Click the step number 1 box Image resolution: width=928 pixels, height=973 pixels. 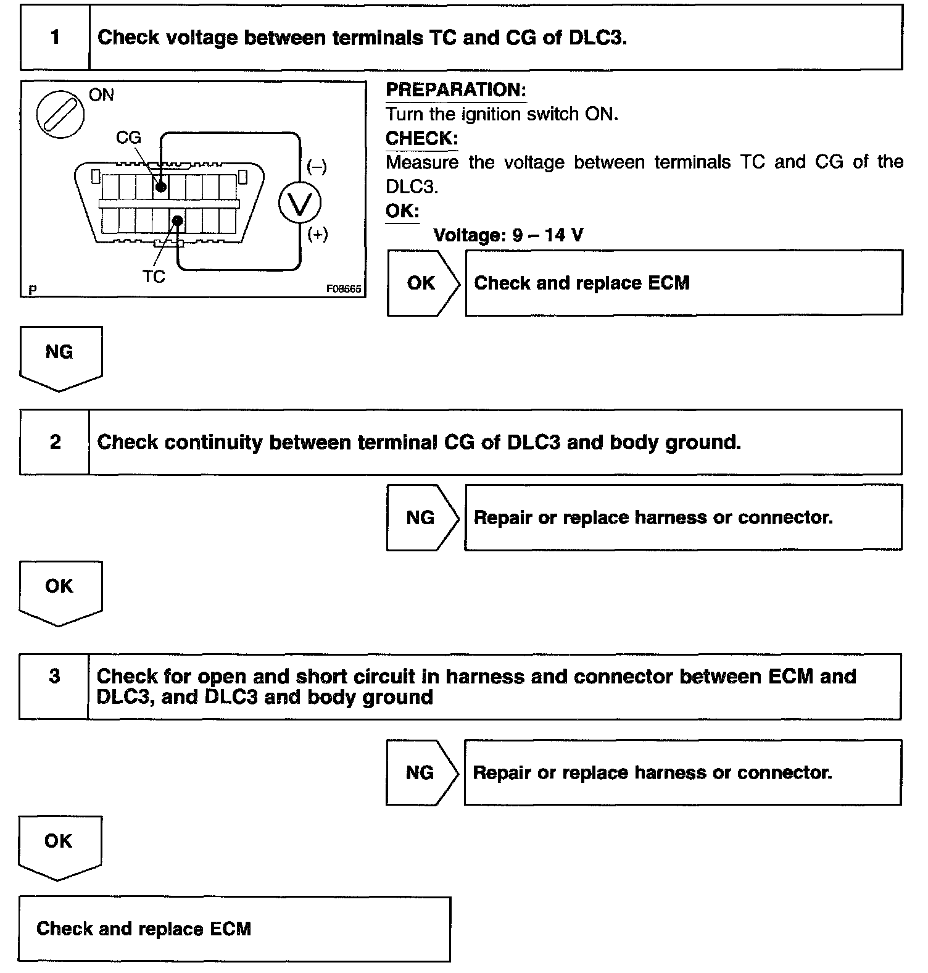(x=55, y=38)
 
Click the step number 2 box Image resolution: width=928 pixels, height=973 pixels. (x=55, y=442)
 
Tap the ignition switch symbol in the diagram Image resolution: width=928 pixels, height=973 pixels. (x=60, y=115)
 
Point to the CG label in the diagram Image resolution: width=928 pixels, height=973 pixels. (x=128, y=138)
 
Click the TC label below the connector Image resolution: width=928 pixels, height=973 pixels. (x=154, y=277)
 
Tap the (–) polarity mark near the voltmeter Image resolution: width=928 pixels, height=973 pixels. (x=317, y=167)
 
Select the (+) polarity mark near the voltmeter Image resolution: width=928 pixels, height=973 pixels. (x=317, y=235)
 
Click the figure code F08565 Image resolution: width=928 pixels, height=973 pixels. (x=344, y=289)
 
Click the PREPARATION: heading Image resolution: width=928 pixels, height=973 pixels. (x=455, y=90)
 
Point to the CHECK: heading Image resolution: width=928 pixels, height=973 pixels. (x=421, y=138)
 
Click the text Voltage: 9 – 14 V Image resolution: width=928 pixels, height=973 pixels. (x=508, y=235)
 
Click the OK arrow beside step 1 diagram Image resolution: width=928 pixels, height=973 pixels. (x=422, y=283)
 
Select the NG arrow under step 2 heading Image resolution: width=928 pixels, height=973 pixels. (x=421, y=517)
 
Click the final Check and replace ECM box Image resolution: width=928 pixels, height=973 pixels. (x=234, y=929)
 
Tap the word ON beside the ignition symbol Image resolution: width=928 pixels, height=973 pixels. (x=101, y=95)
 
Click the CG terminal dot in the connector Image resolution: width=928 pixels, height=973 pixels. (x=161, y=186)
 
